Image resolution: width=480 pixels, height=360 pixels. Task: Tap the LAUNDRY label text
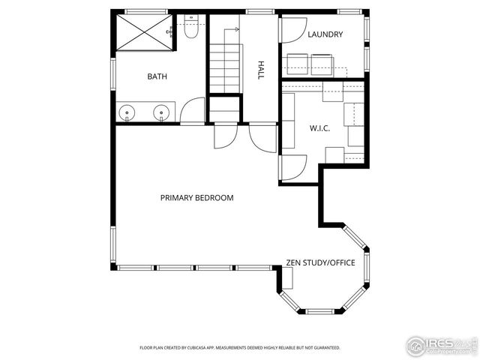(x=325, y=34)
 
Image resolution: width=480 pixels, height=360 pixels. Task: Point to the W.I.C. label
(x=320, y=128)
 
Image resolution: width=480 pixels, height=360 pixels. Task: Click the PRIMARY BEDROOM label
(x=196, y=198)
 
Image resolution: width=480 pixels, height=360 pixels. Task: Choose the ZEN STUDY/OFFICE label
(x=320, y=262)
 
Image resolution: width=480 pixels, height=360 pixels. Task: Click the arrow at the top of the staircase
(x=236, y=29)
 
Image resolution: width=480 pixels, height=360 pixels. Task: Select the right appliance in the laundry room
(x=322, y=64)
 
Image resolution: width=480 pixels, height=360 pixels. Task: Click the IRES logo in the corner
(x=441, y=345)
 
